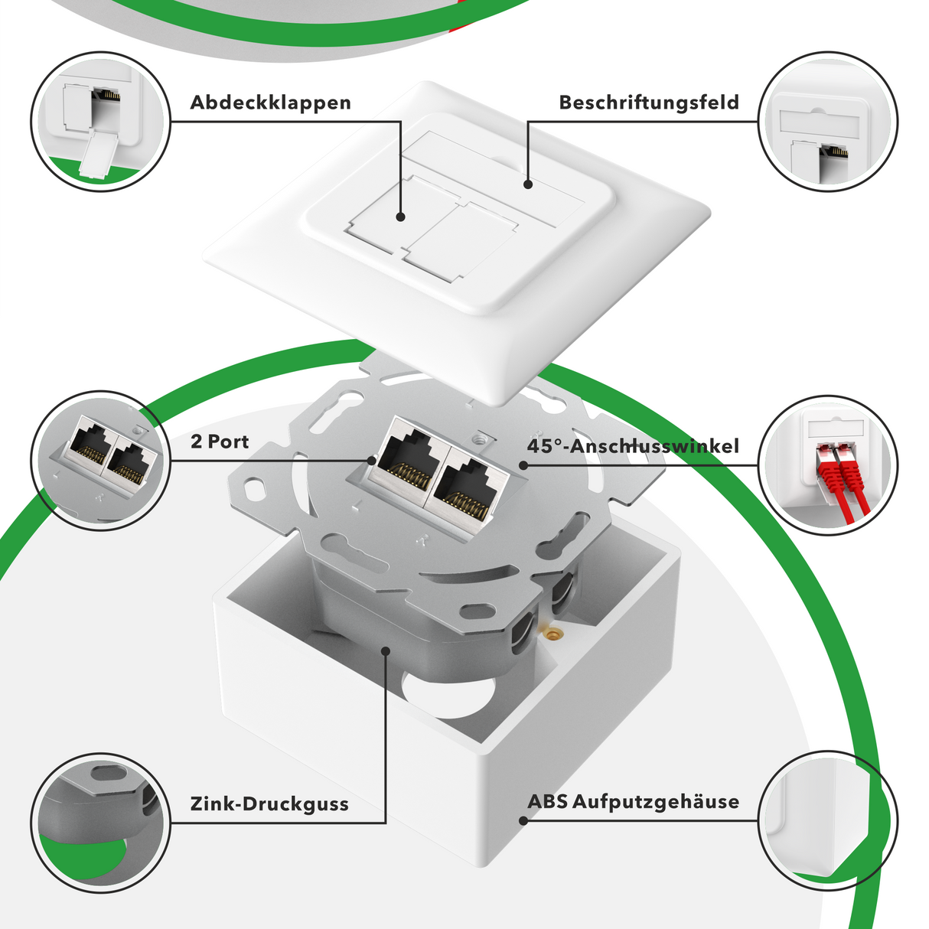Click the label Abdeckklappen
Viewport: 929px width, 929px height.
click(270, 103)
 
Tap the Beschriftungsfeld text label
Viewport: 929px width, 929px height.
click(648, 103)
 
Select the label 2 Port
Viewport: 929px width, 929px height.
click(220, 442)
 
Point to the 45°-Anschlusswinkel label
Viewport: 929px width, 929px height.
click(633, 446)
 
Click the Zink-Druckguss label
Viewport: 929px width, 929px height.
click(269, 804)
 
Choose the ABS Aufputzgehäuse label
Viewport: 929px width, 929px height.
click(633, 802)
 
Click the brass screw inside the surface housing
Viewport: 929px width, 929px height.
click(551, 634)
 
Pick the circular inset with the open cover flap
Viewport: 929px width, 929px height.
click(100, 122)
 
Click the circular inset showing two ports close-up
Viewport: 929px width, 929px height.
click(100, 461)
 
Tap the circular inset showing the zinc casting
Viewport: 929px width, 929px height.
click(100, 823)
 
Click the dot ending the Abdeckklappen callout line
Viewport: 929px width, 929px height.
click(400, 217)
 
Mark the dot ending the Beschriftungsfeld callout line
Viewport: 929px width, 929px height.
click(527, 184)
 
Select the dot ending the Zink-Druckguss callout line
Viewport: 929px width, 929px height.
click(386, 650)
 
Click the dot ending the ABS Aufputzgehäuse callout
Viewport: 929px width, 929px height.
click(523, 821)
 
